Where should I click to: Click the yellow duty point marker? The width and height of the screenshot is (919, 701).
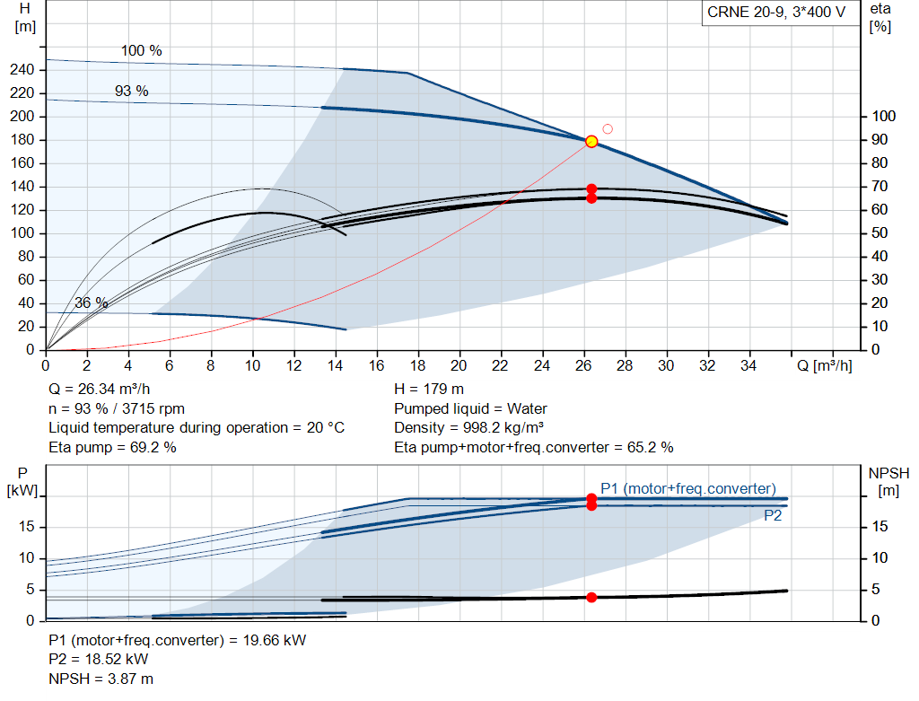pos(591,141)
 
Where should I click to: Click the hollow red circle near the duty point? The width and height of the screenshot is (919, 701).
pos(608,129)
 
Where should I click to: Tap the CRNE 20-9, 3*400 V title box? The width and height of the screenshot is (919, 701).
pos(776,13)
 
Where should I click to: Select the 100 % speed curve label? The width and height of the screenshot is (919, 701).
pos(141,51)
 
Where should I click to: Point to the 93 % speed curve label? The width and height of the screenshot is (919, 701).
pos(131,91)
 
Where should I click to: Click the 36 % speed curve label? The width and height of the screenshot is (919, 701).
pos(92,303)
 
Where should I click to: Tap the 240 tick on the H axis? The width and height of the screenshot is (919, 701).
pos(22,70)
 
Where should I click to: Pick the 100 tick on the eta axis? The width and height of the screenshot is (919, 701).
pos(884,116)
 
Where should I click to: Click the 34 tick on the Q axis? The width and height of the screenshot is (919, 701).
pos(748,365)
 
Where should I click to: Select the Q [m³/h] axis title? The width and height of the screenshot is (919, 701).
pos(825,365)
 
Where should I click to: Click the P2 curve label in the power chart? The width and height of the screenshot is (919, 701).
pos(773,516)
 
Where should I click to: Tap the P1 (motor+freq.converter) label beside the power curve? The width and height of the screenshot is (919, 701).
pos(688,489)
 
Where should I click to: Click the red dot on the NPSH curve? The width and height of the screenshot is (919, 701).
pos(591,597)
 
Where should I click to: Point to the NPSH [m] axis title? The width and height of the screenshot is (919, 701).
pos(888,482)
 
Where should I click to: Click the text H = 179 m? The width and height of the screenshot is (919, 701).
pos(429,390)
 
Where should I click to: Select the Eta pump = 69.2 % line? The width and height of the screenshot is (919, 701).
pos(112,448)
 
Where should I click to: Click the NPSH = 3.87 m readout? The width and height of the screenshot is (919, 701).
pos(101,679)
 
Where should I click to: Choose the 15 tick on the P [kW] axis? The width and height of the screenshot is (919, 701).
pos(26,527)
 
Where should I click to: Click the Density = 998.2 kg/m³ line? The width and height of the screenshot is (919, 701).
pos(468,428)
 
